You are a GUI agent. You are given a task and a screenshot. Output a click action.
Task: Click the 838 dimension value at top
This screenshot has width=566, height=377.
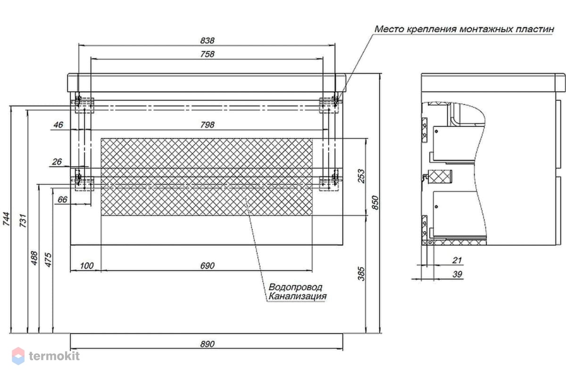tap(207, 41)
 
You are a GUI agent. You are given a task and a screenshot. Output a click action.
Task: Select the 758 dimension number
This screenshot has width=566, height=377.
tap(207, 54)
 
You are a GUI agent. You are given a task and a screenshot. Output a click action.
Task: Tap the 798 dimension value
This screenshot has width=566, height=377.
tap(207, 125)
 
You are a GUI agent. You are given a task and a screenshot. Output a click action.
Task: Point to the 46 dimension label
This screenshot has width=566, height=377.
tap(58, 125)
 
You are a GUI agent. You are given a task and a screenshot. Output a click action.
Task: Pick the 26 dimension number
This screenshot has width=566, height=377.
tap(57, 162)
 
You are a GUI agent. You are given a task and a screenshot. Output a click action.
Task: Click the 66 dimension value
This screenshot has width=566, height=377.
tap(62, 199)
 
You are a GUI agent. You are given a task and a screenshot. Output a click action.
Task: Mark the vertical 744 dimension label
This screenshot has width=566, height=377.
tap(6, 219)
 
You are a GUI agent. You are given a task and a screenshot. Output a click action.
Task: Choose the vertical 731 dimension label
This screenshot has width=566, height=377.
tap(23, 221)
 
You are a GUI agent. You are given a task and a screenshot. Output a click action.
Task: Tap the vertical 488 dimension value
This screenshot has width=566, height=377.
tap(34, 258)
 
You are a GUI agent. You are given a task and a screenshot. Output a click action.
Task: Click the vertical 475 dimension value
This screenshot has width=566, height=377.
tap(48, 260)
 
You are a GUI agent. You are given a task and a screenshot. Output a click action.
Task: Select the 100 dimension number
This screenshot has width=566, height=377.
tap(87, 266)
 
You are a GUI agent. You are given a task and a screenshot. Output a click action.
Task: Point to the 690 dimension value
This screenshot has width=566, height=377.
tap(207, 266)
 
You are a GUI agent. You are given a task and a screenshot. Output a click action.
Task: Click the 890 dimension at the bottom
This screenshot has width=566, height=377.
tap(207, 344)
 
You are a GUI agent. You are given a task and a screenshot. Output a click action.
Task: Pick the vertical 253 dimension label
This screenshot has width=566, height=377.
tap(362, 176)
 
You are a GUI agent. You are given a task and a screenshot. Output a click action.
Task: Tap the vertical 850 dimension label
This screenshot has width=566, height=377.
tap(375, 203)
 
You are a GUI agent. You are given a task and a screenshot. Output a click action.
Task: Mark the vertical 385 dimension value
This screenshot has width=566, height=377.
tap(362, 274)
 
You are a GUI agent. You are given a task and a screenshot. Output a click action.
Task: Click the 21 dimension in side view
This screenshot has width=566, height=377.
tap(457, 260)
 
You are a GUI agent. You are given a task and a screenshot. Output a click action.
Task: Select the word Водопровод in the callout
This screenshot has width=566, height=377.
tap(295, 287)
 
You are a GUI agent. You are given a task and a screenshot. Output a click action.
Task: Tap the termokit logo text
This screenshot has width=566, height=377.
tap(54, 356)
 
